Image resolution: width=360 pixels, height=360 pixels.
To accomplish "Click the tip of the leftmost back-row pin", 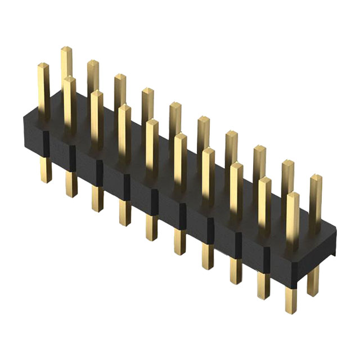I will pyautogui.click(x=66, y=52).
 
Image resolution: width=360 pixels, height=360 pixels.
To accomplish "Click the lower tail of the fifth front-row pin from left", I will pyautogui.click(x=152, y=227).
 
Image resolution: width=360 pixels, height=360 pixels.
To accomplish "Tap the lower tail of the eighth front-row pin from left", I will pyautogui.click(x=235, y=269).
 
